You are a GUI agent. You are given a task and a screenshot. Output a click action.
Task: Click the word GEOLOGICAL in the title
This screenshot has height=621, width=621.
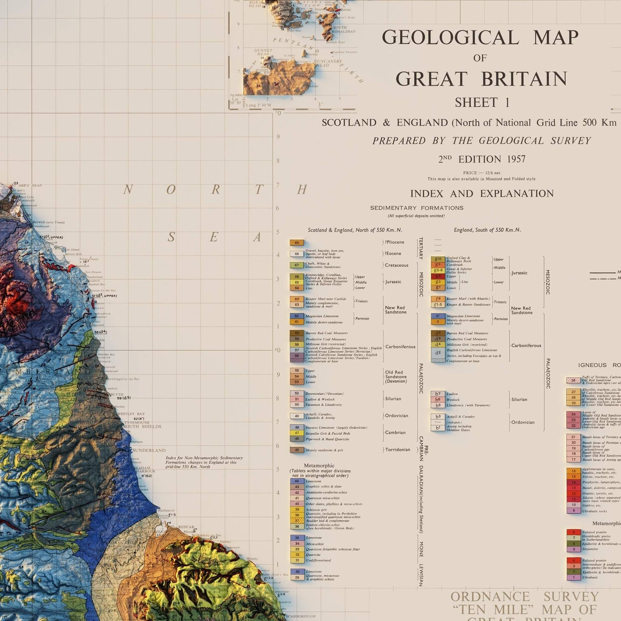[450, 38]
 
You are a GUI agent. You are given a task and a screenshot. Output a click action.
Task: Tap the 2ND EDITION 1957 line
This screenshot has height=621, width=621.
[482, 159]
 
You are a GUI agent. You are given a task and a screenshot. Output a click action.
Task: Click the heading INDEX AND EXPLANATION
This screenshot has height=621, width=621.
[482, 194]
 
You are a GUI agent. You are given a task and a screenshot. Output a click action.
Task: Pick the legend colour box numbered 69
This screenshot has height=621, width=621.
[297, 243]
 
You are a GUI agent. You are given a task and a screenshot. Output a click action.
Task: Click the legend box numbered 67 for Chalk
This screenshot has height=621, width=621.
[297, 265]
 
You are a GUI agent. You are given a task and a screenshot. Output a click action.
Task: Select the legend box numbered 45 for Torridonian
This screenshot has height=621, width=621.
[297, 450]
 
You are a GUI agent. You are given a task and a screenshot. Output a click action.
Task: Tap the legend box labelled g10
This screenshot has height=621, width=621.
[438, 259]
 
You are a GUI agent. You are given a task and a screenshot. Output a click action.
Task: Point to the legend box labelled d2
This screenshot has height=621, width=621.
[438, 353]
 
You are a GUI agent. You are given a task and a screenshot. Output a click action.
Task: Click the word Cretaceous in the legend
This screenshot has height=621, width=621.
[396, 265]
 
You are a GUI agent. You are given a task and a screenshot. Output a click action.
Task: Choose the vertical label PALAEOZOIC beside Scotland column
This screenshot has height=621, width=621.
[420, 378]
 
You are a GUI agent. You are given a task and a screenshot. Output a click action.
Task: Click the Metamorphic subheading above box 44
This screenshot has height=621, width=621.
[319, 465]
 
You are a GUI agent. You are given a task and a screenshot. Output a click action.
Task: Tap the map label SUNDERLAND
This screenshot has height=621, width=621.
[149, 451]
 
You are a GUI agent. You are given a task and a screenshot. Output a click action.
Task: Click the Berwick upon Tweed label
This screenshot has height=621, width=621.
[49, 222]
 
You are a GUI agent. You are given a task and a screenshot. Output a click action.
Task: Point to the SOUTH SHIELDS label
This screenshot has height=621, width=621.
[142, 427]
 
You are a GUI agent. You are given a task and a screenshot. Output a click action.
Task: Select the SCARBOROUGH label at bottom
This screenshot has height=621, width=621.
[301, 616]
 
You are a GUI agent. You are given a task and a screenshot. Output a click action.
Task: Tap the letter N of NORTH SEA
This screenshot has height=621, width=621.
[128, 190]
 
